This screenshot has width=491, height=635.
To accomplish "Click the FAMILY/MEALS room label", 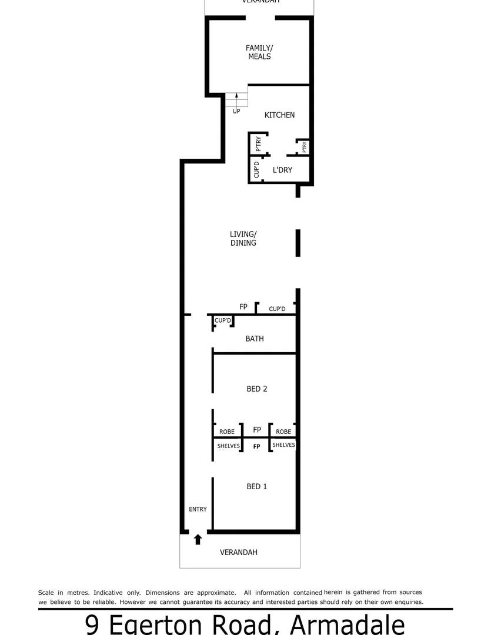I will click(259, 52).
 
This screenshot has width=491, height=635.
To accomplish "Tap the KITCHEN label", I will click(279, 115).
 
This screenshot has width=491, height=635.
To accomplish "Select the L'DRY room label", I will click(282, 170).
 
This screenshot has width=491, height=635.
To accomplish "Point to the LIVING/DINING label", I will click(243, 238).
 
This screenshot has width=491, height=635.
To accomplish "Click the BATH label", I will click(254, 339).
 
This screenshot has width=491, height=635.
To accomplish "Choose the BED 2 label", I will click(257, 389).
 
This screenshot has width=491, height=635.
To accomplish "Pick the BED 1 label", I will click(257, 486).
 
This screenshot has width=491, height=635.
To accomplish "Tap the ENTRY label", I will click(198, 509).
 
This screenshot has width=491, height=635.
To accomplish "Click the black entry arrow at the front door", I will click(198, 539).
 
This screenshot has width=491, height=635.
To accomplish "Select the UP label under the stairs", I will click(236, 111).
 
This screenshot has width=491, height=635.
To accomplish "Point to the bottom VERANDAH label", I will click(239, 553).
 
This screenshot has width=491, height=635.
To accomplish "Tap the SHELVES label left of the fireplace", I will click(228, 446).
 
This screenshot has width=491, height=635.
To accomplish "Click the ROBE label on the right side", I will click(283, 432).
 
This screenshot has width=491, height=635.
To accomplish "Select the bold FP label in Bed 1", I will click(256, 447).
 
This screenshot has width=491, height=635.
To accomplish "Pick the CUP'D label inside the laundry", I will click(256, 169).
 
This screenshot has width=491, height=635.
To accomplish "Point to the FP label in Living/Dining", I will click(243, 307).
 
